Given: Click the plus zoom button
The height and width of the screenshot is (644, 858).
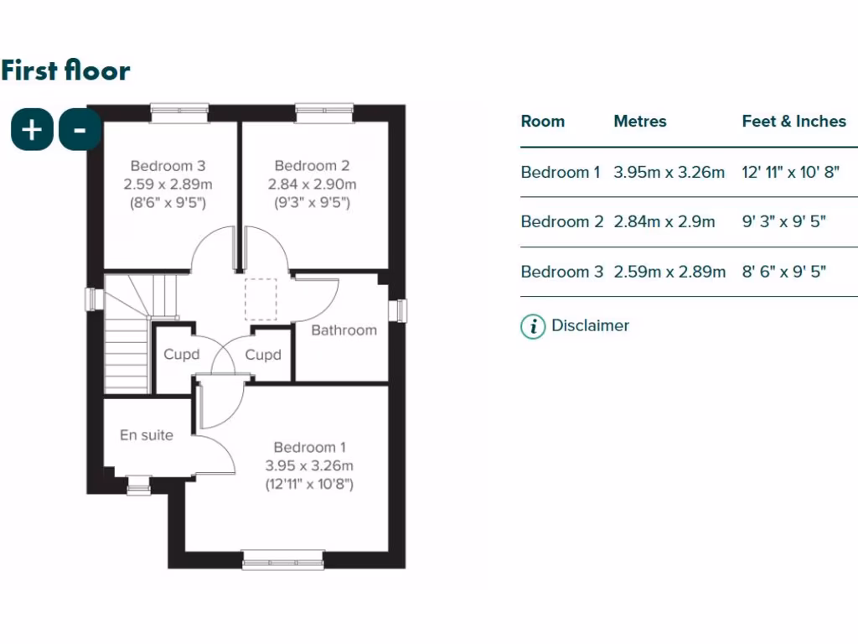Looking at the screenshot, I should coord(32,130).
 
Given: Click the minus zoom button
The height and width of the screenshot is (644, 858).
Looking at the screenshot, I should coord(80,130).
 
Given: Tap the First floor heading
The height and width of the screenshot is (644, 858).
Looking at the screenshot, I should coord(65,70).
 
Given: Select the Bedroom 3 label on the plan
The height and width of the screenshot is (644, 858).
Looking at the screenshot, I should coord(168,166).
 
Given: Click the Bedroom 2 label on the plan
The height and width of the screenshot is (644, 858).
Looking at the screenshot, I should coord(312,166).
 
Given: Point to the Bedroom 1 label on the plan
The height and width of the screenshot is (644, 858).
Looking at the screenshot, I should coord(309,448).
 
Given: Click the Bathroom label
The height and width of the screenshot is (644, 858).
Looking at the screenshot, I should coord(344,330).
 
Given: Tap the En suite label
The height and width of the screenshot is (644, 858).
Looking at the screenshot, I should coord(147,435).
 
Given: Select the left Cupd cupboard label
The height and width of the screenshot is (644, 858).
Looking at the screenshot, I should coord(182,355).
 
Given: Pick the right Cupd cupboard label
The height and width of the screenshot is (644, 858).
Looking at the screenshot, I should coord(263,355).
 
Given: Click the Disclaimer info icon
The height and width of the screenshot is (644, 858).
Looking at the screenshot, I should coord(533,326).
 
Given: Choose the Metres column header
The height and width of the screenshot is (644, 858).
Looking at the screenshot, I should coord(640,122).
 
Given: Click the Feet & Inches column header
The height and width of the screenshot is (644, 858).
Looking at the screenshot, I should coord(793,122).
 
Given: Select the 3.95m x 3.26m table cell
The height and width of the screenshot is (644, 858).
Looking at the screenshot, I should coord(669,173).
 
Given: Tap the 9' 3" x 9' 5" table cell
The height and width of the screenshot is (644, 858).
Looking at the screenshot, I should coord(784,222).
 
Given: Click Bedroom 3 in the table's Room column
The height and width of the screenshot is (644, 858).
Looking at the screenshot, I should coord(561,272).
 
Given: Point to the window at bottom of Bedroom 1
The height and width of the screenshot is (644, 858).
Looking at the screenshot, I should coord(282,559).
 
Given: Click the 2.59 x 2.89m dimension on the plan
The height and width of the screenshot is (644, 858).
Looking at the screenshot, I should coord(168,184).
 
